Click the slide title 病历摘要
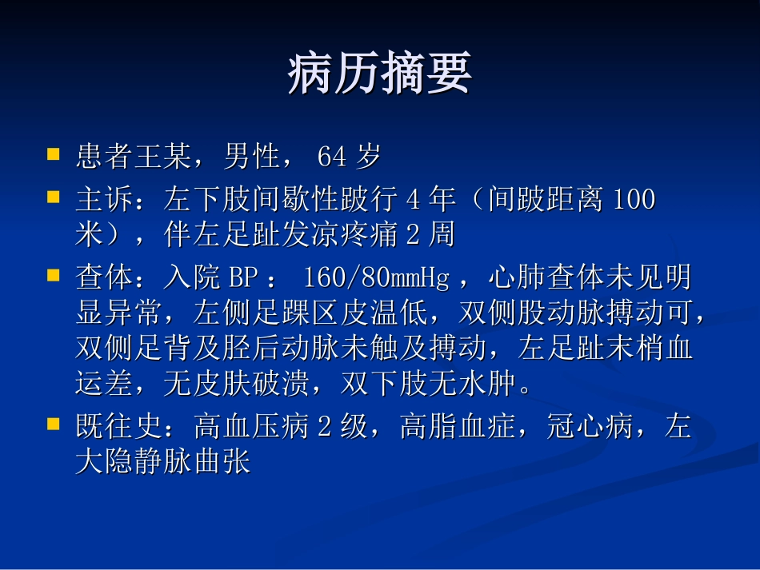click(380, 75)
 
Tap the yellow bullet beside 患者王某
click(54, 152)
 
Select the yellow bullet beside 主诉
click(54, 195)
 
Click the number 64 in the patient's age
click(331, 157)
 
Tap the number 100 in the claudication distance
click(633, 200)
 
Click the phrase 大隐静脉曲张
click(163, 462)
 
